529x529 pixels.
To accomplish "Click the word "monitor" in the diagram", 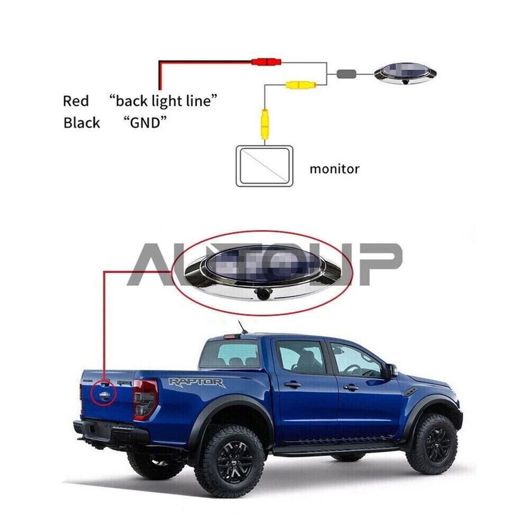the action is pyautogui.click(x=334, y=169).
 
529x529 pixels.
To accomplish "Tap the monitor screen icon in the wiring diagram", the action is pyautogui.click(x=264, y=165).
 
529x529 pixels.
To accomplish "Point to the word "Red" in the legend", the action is pyautogui.click(x=75, y=101).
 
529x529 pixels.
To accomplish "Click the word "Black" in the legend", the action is pyautogui.click(x=82, y=122).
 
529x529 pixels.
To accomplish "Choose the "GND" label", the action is pyautogui.click(x=145, y=122).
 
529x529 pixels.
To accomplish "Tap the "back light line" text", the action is pyautogui.click(x=163, y=101).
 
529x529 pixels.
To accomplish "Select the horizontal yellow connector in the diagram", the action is pyautogui.click(x=300, y=85).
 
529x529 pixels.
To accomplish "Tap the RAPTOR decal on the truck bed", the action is pyautogui.click(x=197, y=382).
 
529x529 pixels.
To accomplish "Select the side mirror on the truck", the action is pyautogui.click(x=391, y=370).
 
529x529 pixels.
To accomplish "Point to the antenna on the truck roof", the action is pyautogui.click(x=241, y=327).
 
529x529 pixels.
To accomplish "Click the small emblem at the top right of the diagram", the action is pyautogui.click(x=404, y=73).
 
